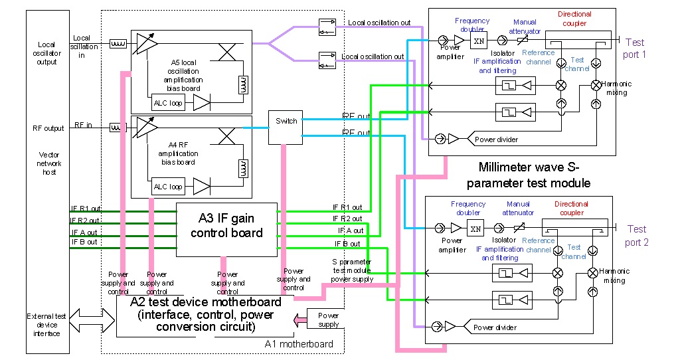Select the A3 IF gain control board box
(x=226, y=226)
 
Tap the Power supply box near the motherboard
(x=328, y=320)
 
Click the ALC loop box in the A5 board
(x=167, y=103)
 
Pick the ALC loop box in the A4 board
(x=167, y=187)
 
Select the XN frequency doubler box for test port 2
(x=475, y=228)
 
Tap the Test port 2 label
(x=636, y=236)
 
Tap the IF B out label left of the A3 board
(x=84, y=242)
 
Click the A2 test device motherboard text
(x=206, y=314)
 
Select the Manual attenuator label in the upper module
(x=524, y=26)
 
